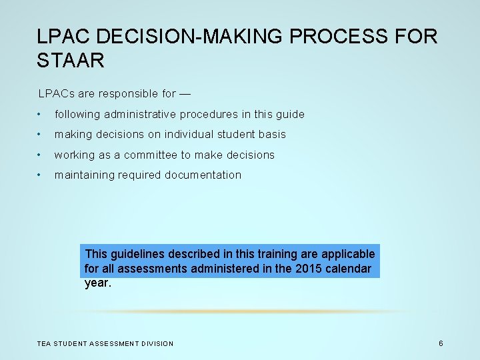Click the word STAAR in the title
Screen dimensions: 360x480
pos(71,61)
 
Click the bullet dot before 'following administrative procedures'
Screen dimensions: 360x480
pos(41,114)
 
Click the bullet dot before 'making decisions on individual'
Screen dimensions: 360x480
pos(41,135)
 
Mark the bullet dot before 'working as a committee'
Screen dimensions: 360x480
pos(41,155)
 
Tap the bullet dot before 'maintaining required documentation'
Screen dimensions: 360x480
pos(41,175)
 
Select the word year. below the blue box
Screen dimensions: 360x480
pos(98,283)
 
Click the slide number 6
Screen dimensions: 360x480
pos(441,343)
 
